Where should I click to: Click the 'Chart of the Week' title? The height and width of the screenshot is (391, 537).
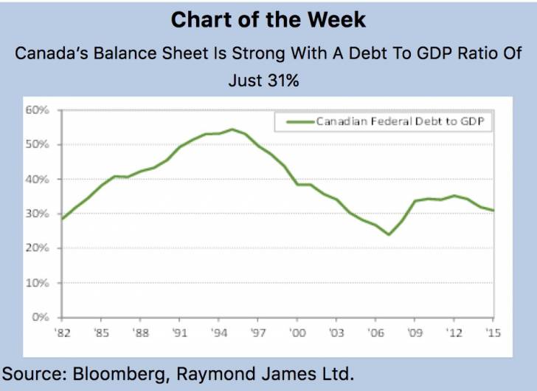[x=268, y=19]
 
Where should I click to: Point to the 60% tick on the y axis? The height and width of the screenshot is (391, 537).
[x=38, y=110]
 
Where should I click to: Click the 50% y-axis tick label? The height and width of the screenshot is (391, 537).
[x=38, y=145]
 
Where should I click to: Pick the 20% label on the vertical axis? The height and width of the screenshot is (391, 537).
[x=38, y=248]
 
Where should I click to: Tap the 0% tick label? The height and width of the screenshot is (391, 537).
[x=41, y=317]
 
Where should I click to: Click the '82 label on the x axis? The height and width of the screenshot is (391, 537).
[x=63, y=333]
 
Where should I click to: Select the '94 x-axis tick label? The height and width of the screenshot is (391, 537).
[x=220, y=333]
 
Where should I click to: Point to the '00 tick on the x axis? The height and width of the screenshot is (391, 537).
[x=298, y=333]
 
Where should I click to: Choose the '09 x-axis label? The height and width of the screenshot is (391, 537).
[x=415, y=333]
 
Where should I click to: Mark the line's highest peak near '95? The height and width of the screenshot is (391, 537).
[x=232, y=129]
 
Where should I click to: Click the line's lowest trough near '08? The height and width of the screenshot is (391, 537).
[x=389, y=234]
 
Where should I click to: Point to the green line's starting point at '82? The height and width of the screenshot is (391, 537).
[x=63, y=219]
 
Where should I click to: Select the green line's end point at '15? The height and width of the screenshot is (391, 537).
[x=493, y=211]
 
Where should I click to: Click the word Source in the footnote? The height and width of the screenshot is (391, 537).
[x=34, y=373]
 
